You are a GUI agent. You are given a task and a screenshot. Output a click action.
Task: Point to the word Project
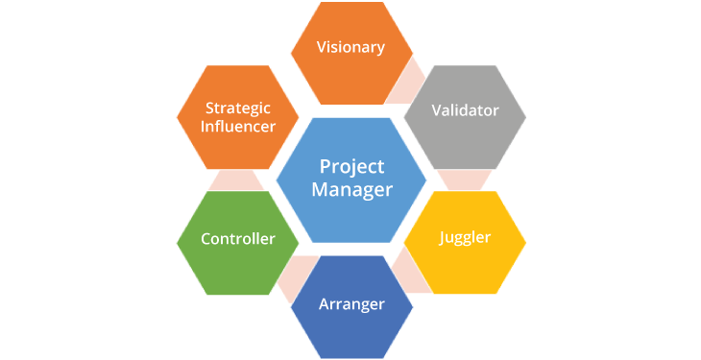coord(351,167)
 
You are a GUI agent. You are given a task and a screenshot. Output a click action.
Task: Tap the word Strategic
coord(237,108)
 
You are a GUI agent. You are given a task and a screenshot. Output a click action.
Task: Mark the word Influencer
coord(237,127)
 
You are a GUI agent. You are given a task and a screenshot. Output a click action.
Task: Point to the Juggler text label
coord(465,237)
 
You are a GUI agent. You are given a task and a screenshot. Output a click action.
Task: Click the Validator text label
coord(465,110)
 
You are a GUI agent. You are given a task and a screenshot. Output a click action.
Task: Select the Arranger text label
coord(351,304)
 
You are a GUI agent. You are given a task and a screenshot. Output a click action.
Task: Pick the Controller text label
coord(237,239)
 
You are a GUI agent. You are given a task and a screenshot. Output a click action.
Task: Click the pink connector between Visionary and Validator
coord(408,82)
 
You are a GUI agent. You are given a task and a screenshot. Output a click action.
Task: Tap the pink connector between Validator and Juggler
coord(465,180)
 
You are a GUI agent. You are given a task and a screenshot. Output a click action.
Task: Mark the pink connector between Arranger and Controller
coord(294,276)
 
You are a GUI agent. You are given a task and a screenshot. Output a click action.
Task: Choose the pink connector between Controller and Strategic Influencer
coord(236,180)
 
